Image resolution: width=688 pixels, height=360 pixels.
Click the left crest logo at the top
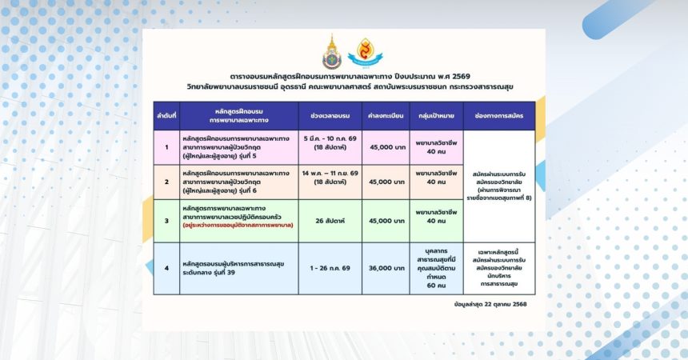pyautogui.click(x=330, y=51)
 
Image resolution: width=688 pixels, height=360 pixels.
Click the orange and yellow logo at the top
pyautogui.click(x=365, y=51)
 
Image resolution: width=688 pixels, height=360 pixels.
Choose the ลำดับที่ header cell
pyautogui.click(x=166, y=115)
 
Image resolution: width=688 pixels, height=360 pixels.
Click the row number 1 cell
pyautogui.click(x=166, y=146)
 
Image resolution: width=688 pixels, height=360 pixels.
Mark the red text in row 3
pyautogui.click(x=238, y=226)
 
